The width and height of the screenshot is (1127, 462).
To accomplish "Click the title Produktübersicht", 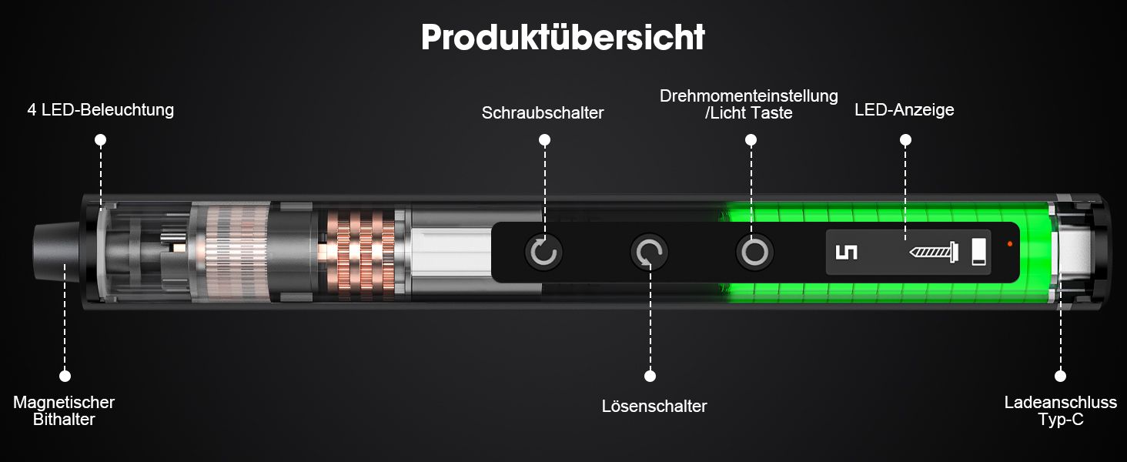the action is pos(563,37).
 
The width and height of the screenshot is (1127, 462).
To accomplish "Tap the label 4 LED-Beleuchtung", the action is pos(101,109).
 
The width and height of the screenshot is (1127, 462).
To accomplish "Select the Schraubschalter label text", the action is pos(543,112).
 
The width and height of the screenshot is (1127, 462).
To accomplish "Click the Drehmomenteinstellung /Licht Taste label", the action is pos(749,104).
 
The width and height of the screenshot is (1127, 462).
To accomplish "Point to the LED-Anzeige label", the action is pos(904,109).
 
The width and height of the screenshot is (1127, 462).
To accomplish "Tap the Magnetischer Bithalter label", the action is pos(64,410).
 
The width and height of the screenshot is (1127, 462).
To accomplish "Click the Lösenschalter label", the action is pos(654,406).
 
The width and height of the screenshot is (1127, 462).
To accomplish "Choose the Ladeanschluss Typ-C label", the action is pos(1061,410).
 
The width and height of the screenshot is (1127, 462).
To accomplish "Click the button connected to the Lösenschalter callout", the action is pos(650,252).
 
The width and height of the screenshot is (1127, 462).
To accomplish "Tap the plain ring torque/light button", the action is pos(754,252).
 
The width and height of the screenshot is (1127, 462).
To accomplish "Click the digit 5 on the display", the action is pos(846,252).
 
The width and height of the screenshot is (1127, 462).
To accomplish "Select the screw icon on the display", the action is pos(934,252).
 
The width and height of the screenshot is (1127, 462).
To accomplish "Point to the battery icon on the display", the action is pos(978,252).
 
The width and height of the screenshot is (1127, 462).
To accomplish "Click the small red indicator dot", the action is pos(1010,244).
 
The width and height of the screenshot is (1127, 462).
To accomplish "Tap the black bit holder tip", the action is pos(56,252).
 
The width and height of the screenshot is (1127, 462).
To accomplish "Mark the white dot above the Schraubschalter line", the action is pos(544,140).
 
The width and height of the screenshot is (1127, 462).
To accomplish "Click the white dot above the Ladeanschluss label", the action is pos(1060,376).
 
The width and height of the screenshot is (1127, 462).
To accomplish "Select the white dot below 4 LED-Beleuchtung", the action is pos(101,140).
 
